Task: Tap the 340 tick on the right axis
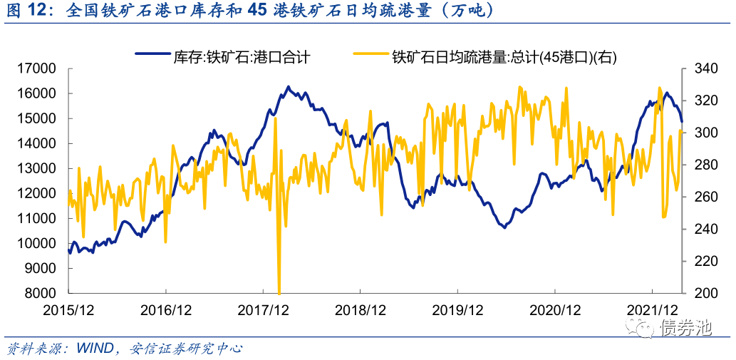(700, 68)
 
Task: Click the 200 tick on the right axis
(700, 293)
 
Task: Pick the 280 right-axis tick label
(700, 165)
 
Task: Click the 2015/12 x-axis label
(68, 310)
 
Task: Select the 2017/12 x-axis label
(263, 310)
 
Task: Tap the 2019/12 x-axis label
(457, 310)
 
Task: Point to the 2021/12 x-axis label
(652, 310)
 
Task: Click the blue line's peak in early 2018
(289, 87)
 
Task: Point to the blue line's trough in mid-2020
(504, 227)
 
